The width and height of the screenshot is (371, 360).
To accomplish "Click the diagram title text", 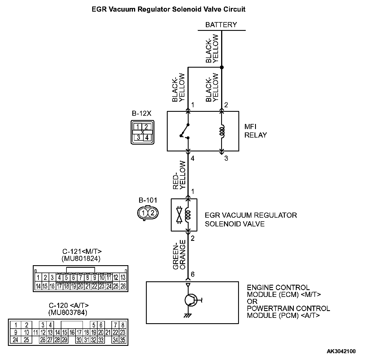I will (x=169, y=9).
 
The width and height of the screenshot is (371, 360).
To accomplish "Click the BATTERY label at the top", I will (x=221, y=25).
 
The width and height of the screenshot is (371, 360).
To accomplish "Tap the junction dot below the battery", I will (x=222, y=67).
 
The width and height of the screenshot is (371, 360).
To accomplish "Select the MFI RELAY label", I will (x=255, y=131).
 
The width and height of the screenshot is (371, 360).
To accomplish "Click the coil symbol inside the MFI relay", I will (x=222, y=131).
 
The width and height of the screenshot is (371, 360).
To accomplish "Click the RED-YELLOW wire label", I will (x=179, y=175).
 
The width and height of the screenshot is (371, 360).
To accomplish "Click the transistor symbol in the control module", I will (x=191, y=300).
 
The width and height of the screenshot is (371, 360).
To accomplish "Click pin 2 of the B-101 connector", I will (x=152, y=213).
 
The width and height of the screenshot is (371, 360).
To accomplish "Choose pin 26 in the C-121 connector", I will (x=123, y=286).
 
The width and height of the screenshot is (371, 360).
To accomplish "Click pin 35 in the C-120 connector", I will (x=123, y=340).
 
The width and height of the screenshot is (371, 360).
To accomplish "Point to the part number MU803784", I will (x=68, y=312).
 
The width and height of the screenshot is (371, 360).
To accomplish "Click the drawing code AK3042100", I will (x=341, y=352).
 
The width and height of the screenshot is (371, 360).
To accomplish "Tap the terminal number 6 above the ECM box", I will (x=193, y=274).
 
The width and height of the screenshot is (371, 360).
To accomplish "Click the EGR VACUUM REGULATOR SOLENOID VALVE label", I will (x=251, y=220).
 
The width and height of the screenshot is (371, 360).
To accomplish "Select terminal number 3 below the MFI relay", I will (x=226, y=158).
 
